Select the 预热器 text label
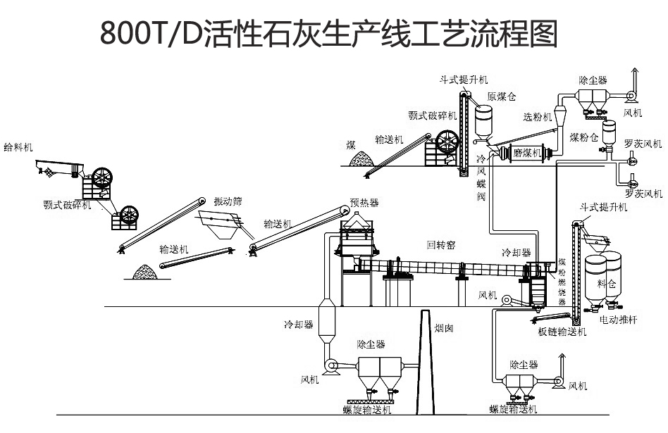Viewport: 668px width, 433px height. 364,203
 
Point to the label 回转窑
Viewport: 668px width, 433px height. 441,246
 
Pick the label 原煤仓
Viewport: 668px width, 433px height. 501,96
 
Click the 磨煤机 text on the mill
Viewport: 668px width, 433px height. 526,152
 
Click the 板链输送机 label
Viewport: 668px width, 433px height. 562,332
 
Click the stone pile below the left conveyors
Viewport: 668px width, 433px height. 146,270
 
